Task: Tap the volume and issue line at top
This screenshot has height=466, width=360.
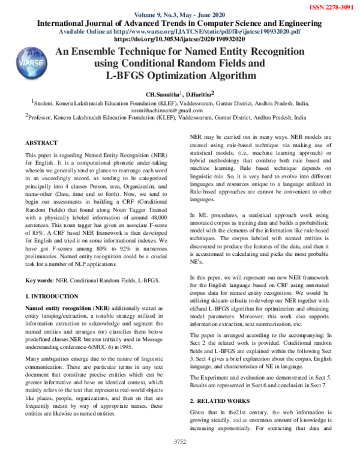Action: (179, 15)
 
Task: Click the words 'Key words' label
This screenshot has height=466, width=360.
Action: (38, 281)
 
